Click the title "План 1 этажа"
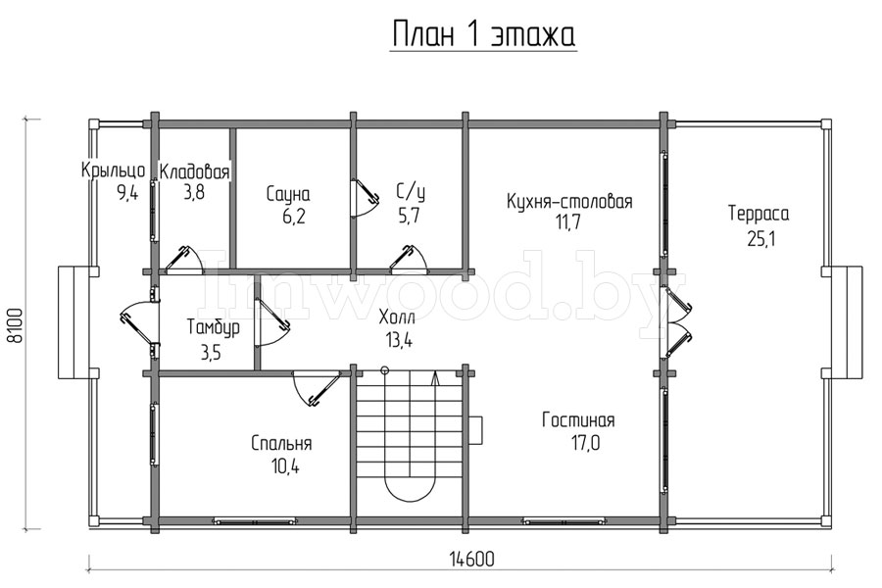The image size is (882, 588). click(x=483, y=35)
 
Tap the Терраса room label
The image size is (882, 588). click(x=758, y=213)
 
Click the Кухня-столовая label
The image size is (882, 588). click(x=569, y=202)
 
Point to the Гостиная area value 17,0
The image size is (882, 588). click(x=578, y=443)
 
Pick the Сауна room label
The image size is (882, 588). click(x=288, y=193)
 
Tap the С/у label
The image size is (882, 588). click(x=409, y=193)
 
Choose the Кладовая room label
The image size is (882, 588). click(x=195, y=172)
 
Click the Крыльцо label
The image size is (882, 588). click(x=114, y=171)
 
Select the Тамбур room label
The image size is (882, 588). click(x=210, y=327)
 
